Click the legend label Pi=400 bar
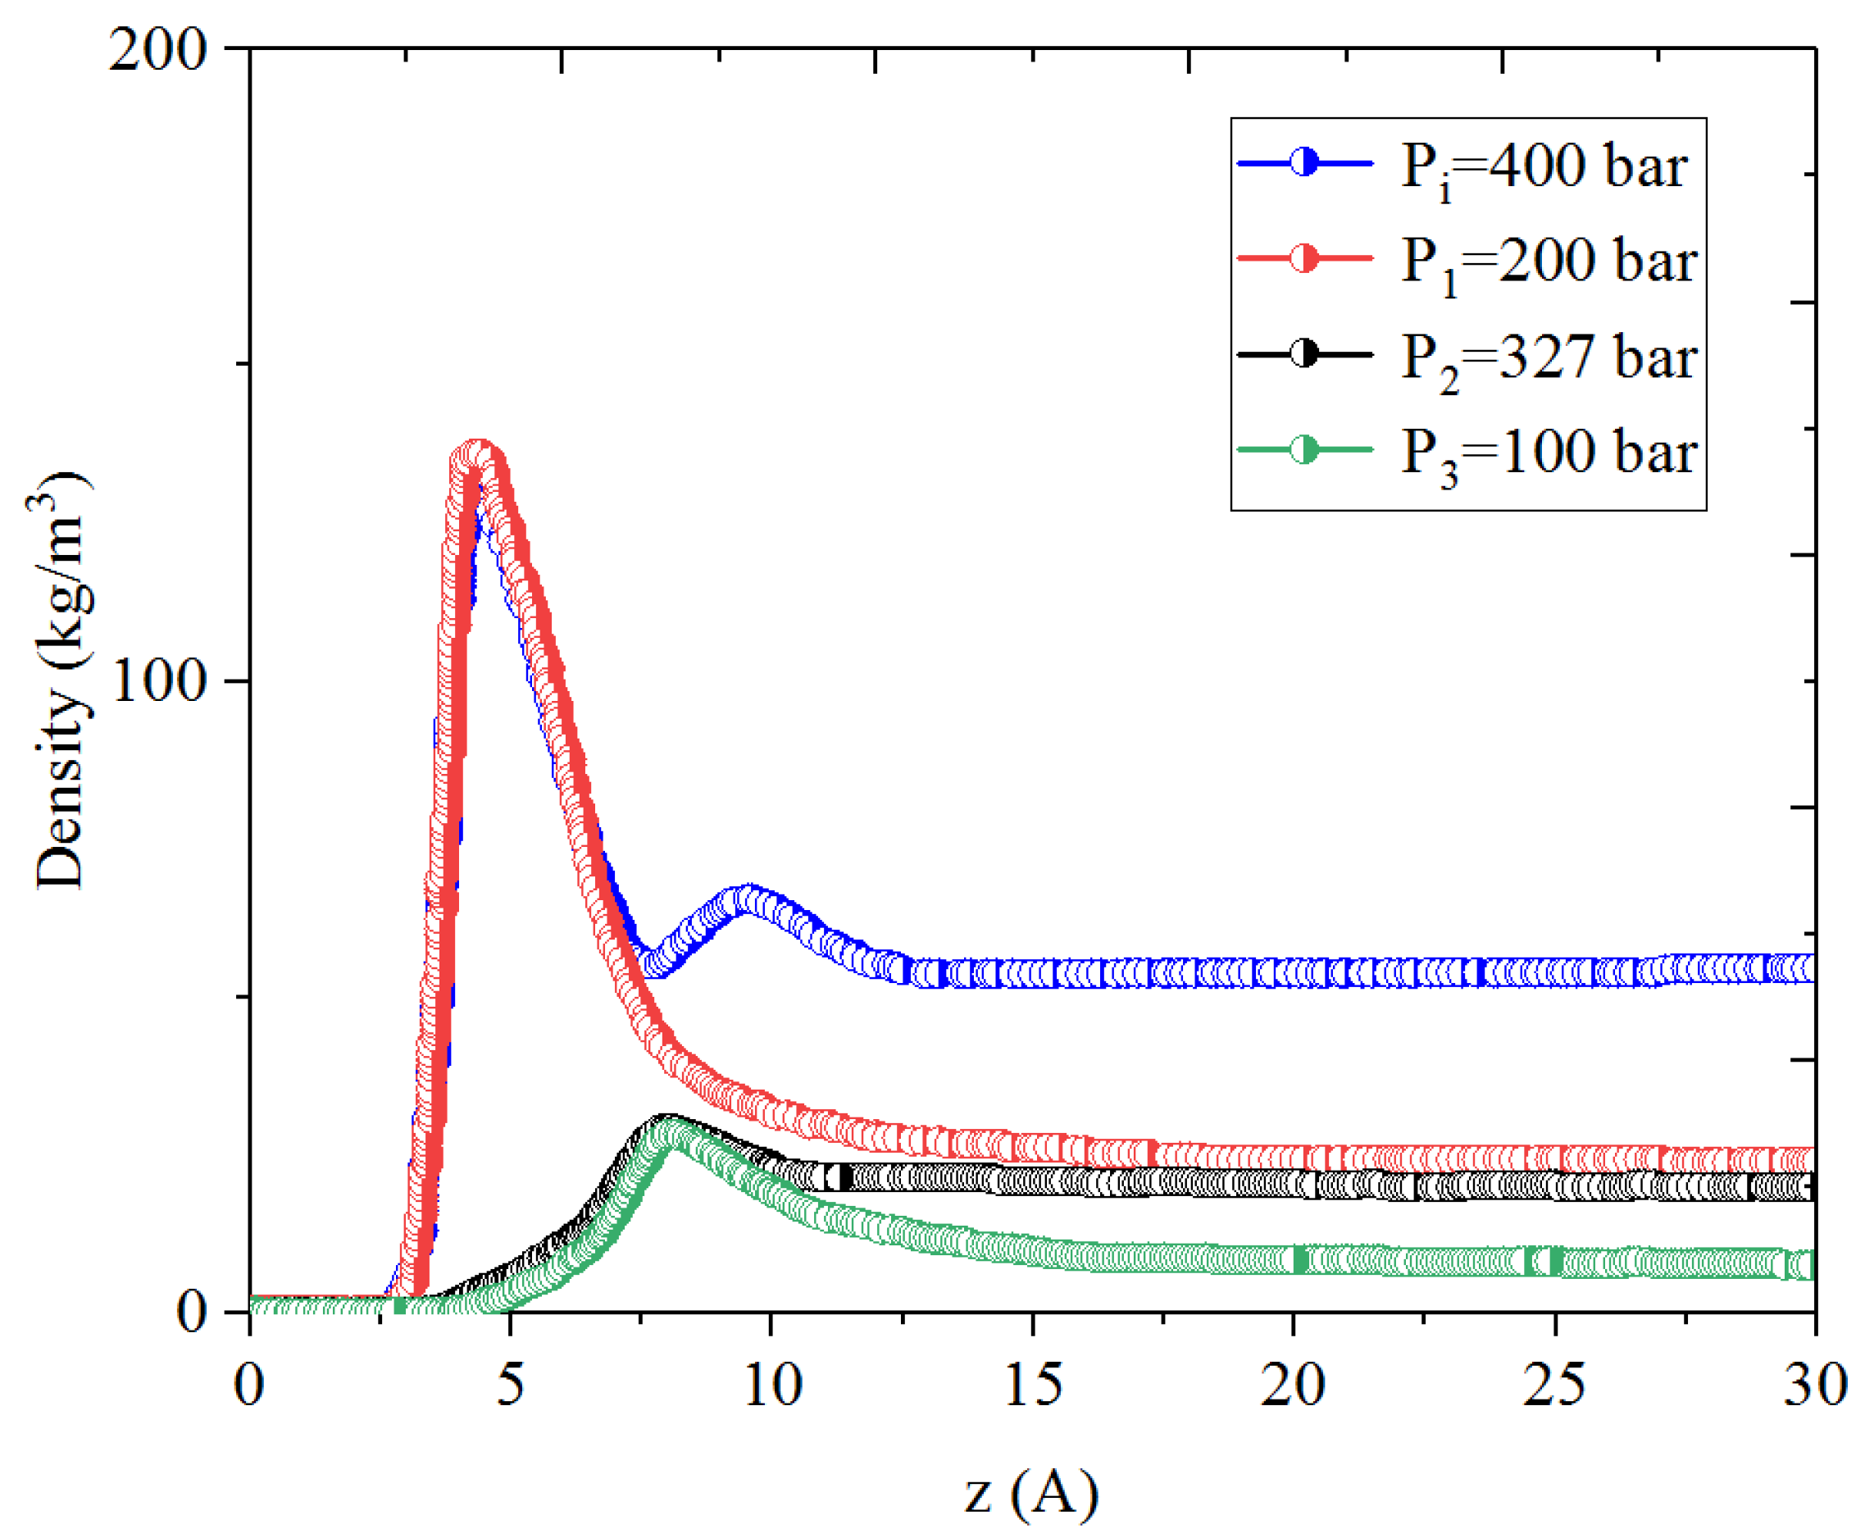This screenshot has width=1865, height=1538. click(1544, 166)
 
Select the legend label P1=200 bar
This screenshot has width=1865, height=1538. click(1548, 262)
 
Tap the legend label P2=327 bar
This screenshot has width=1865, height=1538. click(1548, 358)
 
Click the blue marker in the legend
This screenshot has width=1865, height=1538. click(1303, 163)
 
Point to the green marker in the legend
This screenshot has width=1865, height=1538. click(1303, 450)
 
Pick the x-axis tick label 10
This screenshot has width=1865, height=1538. click(771, 1384)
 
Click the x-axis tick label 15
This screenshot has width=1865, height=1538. click(1033, 1384)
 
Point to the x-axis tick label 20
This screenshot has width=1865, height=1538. click(1293, 1384)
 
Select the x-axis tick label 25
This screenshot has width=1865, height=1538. click(1554, 1384)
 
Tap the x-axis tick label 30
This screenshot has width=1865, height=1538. click(1814, 1384)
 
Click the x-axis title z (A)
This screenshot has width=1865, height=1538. click(1030, 1494)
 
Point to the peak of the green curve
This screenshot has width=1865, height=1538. click(673, 1133)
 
